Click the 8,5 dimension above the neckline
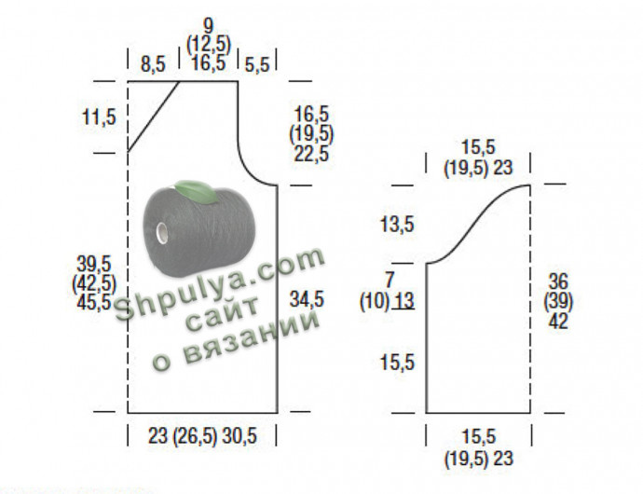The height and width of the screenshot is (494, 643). (x=153, y=64)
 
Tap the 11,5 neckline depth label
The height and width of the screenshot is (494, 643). (x=99, y=117)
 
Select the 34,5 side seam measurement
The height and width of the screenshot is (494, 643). (x=307, y=299)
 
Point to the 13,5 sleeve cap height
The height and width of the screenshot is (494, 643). (x=397, y=225)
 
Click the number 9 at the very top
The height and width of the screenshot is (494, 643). (x=209, y=26)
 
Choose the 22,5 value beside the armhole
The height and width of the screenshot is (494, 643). (x=311, y=154)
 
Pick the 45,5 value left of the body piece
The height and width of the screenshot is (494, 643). (x=94, y=302)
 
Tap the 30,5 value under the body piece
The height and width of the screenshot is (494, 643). (x=239, y=435)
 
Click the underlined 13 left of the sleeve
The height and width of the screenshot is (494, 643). (x=404, y=301)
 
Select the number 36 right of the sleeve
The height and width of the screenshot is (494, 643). (x=558, y=281)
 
